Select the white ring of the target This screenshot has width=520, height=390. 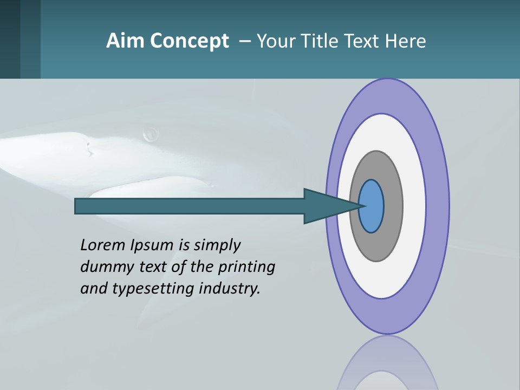coord(414,206)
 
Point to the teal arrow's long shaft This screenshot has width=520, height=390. coord(190,206)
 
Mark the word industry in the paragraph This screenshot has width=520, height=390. coord(230,289)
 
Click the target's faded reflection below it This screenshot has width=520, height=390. coord(387,363)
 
